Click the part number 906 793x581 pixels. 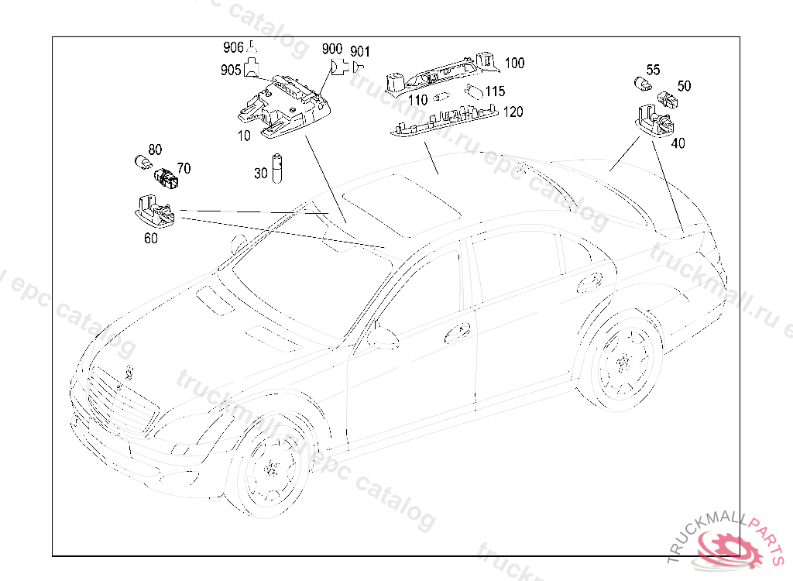point(233,47)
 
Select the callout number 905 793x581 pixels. point(230,70)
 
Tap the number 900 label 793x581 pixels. point(332,49)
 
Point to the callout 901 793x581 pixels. point(360,52)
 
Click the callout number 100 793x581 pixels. point(514,63)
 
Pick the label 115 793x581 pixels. point(495,91)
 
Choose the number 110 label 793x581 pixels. point(417,100)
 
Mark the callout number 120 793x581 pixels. point(513,112)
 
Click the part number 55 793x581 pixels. point(653,70)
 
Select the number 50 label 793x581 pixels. point(684,86)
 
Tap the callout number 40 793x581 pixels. point(678,143)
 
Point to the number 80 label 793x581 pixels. point(155,149)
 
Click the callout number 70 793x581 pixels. point(184,168)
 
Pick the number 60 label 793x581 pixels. point(151,239)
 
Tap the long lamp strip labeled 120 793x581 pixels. point(445,122)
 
